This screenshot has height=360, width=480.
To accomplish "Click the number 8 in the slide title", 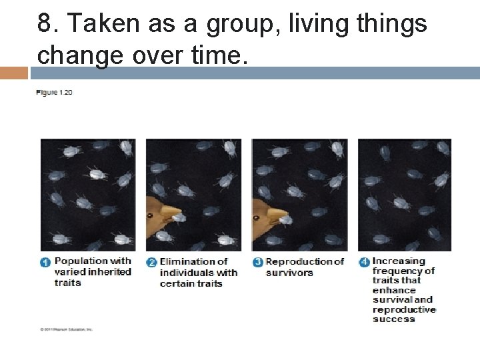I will (x=45, y=24).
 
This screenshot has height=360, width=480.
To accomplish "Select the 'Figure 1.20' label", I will (x=54, y=92).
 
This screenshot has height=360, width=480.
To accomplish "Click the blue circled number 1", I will (x=45, y=263).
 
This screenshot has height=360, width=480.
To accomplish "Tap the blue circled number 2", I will (x=151, y=263).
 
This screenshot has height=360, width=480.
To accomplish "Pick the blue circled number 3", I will (x=257, y=263).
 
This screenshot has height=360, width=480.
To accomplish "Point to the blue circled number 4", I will (x=364, y=263).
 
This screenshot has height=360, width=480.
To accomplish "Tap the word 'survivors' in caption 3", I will (x=289, y=272).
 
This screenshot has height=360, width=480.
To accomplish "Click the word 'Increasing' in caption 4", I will (x=399, y=261).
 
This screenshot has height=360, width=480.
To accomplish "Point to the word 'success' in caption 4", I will (x=393, y=319).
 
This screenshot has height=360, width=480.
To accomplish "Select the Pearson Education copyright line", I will (x=66, y=329).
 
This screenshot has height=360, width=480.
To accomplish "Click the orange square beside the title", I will (x=13, y=73).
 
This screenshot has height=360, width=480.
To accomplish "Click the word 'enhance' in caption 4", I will (x=394, y=290).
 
